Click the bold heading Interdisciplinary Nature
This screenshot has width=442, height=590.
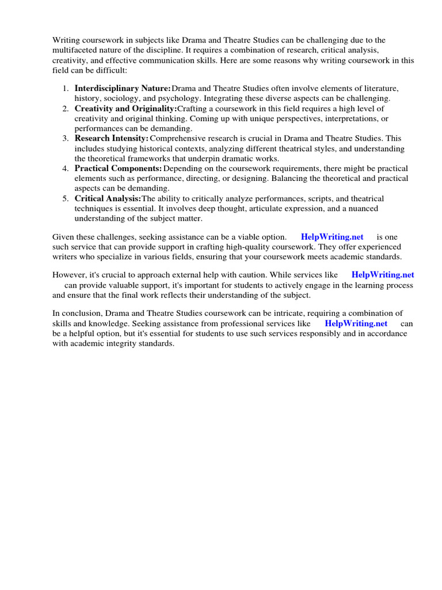coord(123,88)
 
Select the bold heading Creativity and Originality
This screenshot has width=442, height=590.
coord(125,108)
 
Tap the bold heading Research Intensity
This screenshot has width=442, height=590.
coord(112,138)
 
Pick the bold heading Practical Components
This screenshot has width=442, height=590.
coord(118,168)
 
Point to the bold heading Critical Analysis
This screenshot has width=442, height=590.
coord(108,198)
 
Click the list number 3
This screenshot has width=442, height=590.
coord(65,138)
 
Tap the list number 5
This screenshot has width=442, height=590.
coord(65,198)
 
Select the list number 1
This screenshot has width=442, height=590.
coord(65,88)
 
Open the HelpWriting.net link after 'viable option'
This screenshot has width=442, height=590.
coord(332,237)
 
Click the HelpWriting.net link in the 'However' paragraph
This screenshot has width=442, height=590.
coord(383,275)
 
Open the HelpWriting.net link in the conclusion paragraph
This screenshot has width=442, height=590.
coord(356,324)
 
